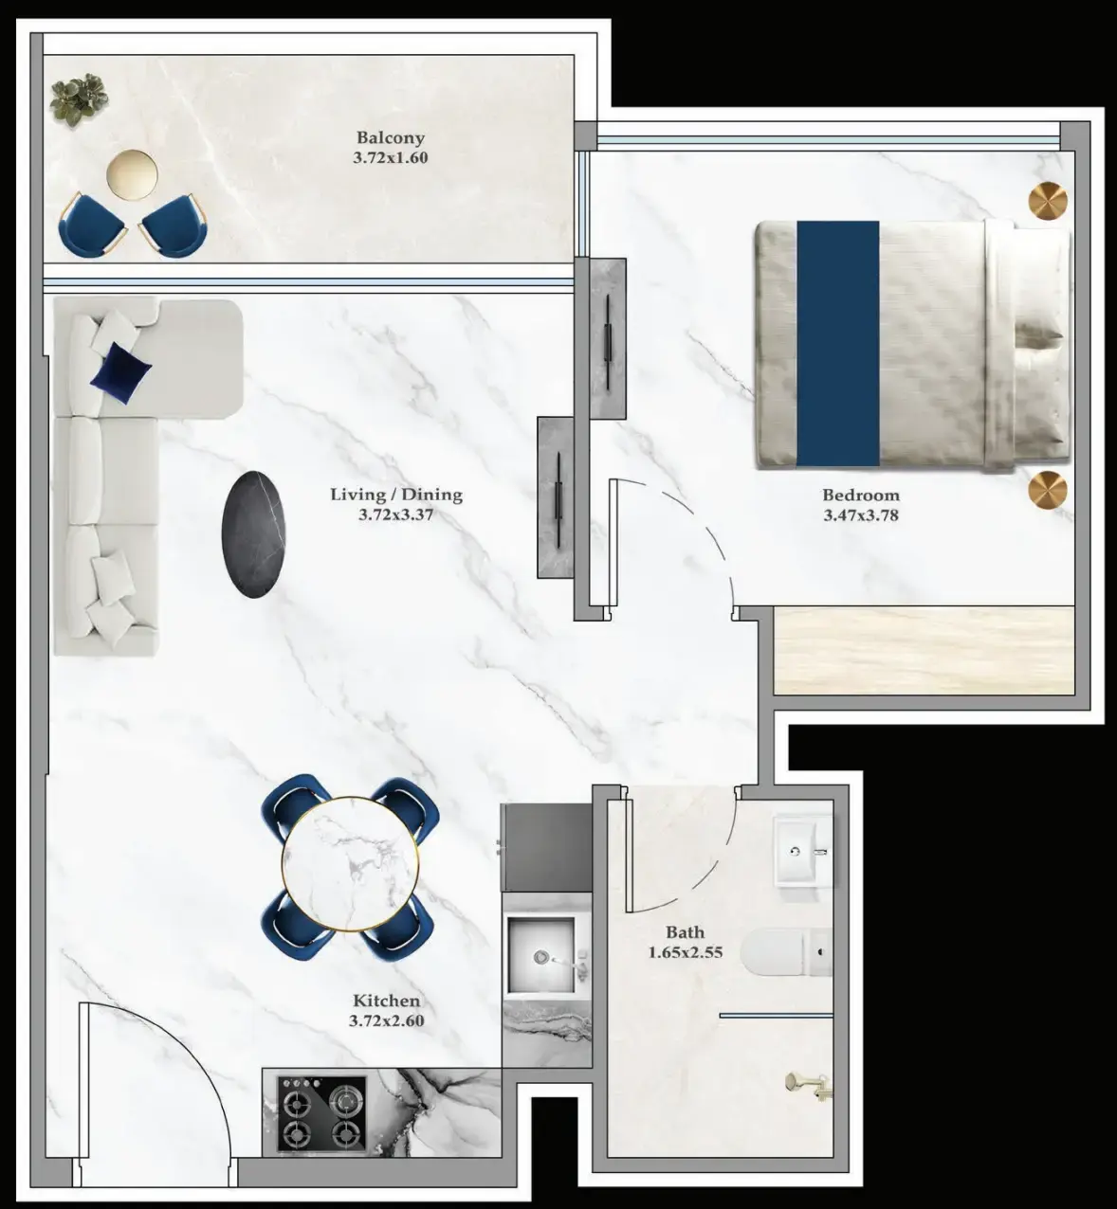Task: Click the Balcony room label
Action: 390,137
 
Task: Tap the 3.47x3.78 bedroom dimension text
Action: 860,515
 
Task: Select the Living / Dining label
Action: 396,494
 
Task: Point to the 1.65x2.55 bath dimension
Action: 685,952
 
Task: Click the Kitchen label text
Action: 386,1001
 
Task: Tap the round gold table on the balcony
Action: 133,174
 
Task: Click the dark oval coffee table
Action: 253,533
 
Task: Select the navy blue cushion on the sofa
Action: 119,370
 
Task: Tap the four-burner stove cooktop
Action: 322,1114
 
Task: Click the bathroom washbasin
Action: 802,850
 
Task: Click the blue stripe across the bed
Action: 837,343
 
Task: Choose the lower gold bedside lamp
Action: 1048,490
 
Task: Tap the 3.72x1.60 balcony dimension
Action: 390,157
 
